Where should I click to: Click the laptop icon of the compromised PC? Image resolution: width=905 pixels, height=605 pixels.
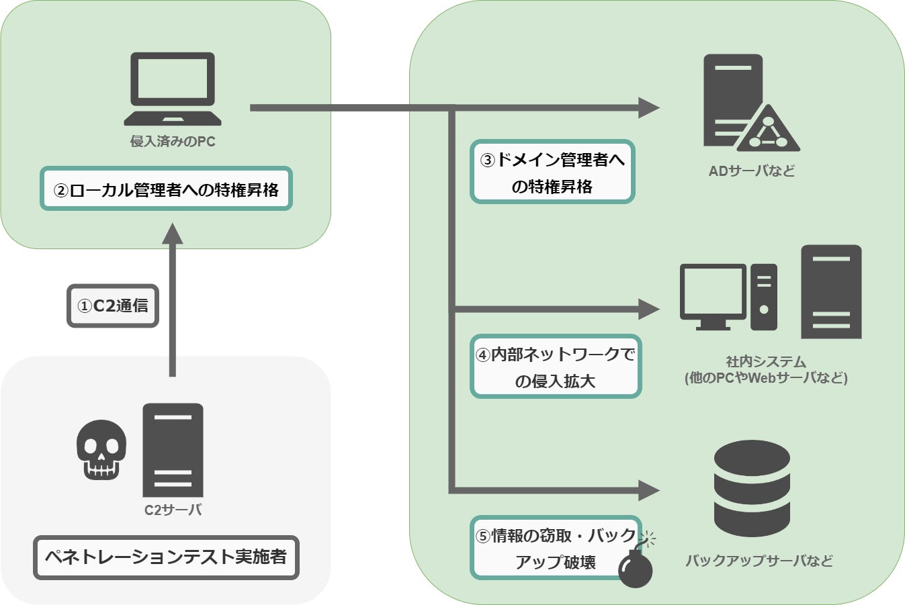point(173,89)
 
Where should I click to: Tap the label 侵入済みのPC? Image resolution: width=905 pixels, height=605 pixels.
point(173,142)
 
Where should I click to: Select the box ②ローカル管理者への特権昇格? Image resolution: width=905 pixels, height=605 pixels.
point(166,189)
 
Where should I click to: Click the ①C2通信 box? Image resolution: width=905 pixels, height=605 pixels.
point(113,306)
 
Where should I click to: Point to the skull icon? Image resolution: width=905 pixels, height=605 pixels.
point(101,449)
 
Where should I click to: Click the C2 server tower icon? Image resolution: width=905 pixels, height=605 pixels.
point(173,450)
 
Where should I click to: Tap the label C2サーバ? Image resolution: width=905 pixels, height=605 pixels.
point(173,510)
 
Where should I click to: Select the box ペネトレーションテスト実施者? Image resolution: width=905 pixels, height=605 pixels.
point(166,557)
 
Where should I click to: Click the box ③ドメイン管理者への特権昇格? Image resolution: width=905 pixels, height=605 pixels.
point(552,172)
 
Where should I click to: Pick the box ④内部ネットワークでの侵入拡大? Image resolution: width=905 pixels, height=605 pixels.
point(556,367)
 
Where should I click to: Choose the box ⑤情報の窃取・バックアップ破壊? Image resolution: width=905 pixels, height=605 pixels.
point(556,548)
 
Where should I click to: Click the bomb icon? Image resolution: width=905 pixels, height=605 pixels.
point(636,568)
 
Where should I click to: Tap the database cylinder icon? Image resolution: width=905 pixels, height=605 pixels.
point(752,488)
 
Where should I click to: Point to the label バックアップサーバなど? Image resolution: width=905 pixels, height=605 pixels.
point(759,561)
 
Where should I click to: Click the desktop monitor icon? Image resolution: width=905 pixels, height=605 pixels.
point(713,295)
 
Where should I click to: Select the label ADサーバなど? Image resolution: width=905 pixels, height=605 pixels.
point(752,171)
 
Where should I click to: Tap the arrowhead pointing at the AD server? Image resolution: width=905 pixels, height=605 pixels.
point(648,107)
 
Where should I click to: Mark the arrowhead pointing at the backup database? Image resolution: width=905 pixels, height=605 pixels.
point(648,491)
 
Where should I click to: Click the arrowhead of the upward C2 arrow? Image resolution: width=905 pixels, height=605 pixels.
point(173,234)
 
